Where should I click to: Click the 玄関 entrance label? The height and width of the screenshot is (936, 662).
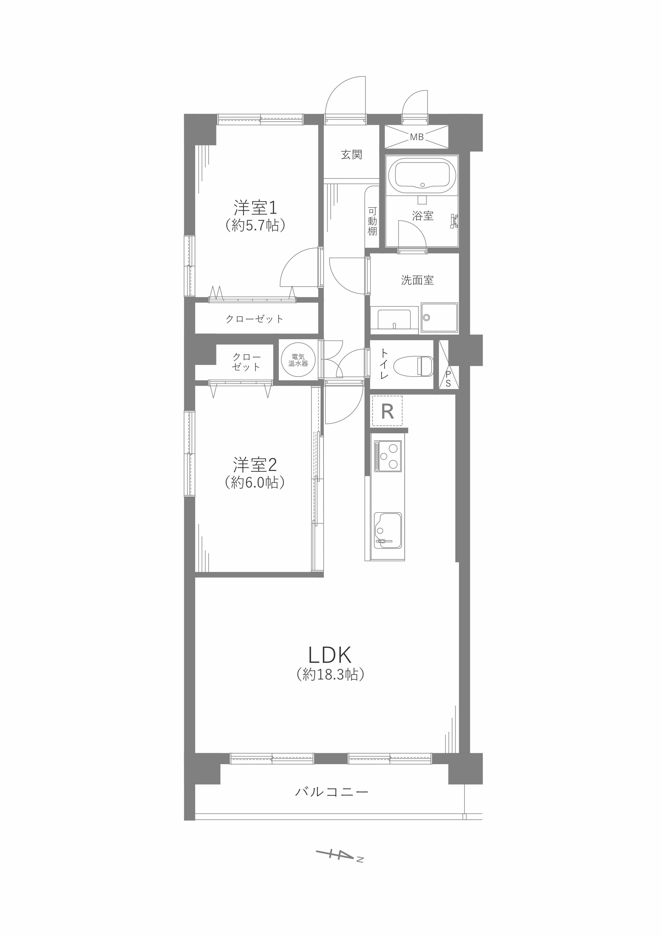pyautogui.click(x=351, y=155)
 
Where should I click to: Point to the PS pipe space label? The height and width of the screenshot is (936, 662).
pyautogui.click(x=448, y=379)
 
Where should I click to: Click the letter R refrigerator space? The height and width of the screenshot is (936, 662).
pyautogui.click(x=387, y=412)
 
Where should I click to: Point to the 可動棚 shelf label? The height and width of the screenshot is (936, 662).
pyautogui.click(x=372, y=221)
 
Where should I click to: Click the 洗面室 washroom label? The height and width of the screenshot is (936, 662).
pyautogui.click(x=417, y=280)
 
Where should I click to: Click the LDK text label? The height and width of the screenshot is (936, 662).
pyautogui.click(x=330, y=656)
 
